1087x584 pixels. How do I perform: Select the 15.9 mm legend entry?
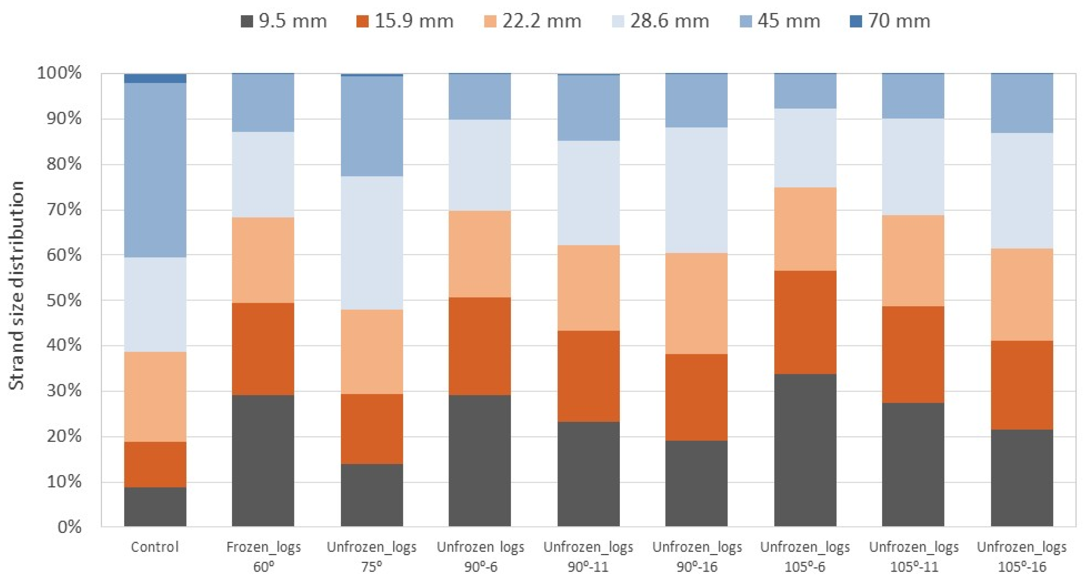click(x=405, y=21)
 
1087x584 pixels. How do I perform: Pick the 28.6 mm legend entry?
click(x=661, y=21)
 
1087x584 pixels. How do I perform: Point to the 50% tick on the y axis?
click(x=64, y=301)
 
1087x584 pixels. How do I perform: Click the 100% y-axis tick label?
click(x=60, y=73)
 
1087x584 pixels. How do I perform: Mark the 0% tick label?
click(x=69, y=527)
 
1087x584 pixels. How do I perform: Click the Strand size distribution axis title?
click(x=17, y=286)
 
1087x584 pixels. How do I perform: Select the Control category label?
click(x=155, y=547)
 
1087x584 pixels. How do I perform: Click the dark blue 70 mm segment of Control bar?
click(x=155, y=79)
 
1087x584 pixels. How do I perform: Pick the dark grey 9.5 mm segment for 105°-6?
click(x=805, y=450)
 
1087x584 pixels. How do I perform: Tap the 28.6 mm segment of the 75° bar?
click(x=372, y=243)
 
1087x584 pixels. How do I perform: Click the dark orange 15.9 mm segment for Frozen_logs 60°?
click(x=263, y=349)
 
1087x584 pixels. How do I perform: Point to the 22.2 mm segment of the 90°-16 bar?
click(x=696, y=303)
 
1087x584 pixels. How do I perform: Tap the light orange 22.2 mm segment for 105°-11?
click(x=913, y=260)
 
